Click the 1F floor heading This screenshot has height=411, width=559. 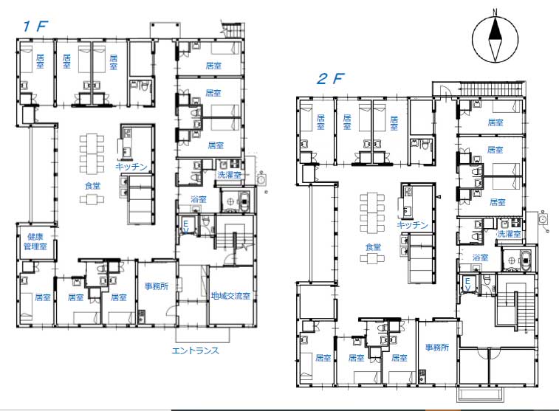[35, 26]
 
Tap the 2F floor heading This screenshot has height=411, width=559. [331, 79]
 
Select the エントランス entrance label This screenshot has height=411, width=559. [196, 350]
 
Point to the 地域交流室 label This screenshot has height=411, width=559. [230, 296]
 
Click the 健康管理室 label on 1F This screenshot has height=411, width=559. [35, 241]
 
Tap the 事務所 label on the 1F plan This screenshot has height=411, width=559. [157, 286]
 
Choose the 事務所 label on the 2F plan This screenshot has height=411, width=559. [437, 347]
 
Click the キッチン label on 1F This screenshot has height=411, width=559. [131, 166]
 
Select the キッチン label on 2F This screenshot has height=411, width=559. [412, 225]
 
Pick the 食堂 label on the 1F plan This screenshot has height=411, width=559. [93, 185]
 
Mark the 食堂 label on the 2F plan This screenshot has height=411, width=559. [373, 246]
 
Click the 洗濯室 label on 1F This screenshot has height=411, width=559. [229, 175]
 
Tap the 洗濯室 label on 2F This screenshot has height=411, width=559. [509, 234]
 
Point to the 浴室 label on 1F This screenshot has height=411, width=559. [199, 199]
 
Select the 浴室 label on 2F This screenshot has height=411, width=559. [480, 258]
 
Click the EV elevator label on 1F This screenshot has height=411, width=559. [186, 227]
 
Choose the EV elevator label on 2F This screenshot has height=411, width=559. [467, 285]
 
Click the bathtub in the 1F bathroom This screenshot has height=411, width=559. [244, 201]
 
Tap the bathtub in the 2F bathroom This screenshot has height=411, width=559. [526, 260]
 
